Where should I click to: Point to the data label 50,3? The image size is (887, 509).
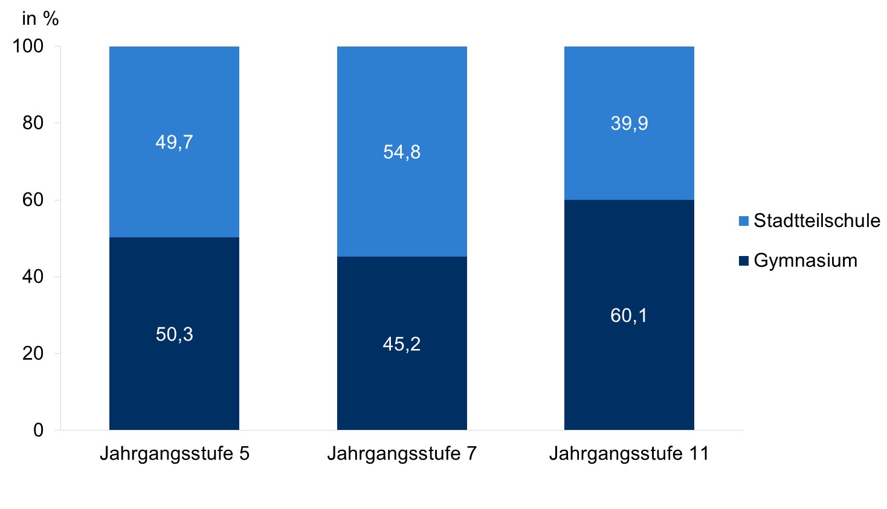click(x=174, y=334)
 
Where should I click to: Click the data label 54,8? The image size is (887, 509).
click(x=402, y=152)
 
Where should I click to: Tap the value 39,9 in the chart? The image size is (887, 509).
click(x=629, y=123)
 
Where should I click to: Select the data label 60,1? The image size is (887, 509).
click(x=629, y=315)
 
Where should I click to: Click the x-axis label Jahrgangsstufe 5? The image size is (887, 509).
click(x=174, y=453)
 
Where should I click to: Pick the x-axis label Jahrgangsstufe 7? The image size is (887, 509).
click(x=402, y=453)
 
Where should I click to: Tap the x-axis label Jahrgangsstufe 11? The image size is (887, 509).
click(x=629, y=453)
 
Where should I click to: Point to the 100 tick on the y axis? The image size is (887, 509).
click(x=28, y=46)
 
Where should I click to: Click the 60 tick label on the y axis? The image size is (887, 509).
click(x=33, y=200)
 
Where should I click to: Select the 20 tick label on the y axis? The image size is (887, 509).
click(x=33, y=353)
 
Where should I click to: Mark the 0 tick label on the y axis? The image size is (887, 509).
click(x=38, y=430)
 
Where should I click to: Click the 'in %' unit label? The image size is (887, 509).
click(x=40, y=19)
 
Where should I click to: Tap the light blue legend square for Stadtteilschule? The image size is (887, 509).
click(x=744, y=221)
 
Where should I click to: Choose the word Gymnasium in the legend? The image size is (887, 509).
click(x=805, y=261)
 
